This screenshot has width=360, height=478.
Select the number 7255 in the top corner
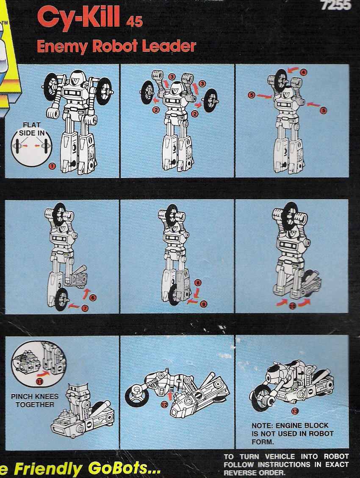[x=336, y=6]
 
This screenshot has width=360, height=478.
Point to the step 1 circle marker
[x=52, y=167]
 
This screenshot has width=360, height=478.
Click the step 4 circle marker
[x=303, y=72]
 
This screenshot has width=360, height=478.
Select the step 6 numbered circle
[x=93, y=298]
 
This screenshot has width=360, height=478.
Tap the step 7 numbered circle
[x=85, y=308]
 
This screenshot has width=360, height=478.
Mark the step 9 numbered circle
[x=204, y=304]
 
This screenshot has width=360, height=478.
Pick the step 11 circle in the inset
[x=39, y=381]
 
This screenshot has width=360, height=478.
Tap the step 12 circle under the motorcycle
[x=164, y=404]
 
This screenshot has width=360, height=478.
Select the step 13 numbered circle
[x=295, y=411]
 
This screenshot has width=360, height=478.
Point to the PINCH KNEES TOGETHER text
[x=35, y=400]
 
